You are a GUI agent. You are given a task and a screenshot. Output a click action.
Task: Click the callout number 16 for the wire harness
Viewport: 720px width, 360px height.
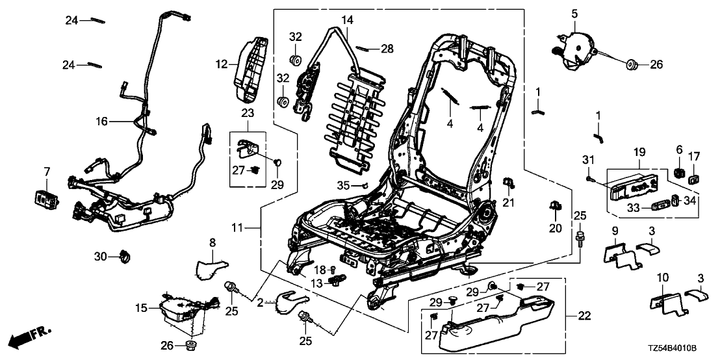(101, 121)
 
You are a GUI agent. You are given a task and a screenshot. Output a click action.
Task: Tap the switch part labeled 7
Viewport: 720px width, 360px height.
(46, 198)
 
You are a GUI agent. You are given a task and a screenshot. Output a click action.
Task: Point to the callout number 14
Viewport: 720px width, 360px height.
(348, 20)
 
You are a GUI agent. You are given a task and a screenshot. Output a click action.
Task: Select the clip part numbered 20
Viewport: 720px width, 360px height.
(554, 207)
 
